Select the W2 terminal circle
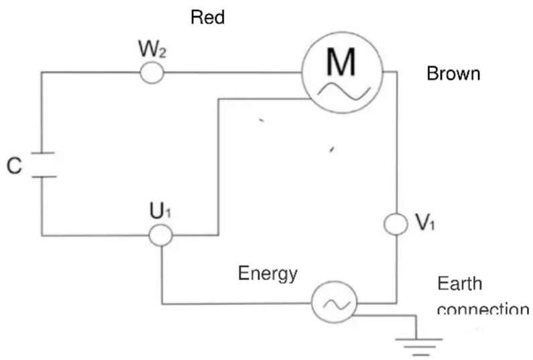[152, 72]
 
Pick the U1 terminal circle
[161, 235]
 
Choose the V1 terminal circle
[396, 224]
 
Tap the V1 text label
[426, 223]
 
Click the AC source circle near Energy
[333, 303]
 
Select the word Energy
[268, 274]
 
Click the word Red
[208, 17]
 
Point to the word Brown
[453, 73]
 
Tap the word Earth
[459, 284]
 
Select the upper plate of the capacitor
[42, 155]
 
